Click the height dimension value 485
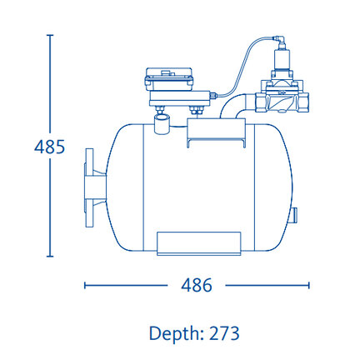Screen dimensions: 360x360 tap(49, 147)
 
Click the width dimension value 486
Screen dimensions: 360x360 tap(197, 285)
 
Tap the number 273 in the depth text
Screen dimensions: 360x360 tap(224, 333)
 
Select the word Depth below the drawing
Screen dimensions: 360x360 tap(173, 334)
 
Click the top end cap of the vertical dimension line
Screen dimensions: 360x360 tap(50, 35)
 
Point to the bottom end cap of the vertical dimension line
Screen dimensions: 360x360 tap(50, 256)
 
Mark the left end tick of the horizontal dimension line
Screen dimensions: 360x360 tap(85, 285)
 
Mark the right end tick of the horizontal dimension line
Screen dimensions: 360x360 tap(308, 285)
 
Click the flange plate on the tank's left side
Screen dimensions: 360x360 tap(89, 188)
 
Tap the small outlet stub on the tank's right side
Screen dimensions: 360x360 tap(294, 215)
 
